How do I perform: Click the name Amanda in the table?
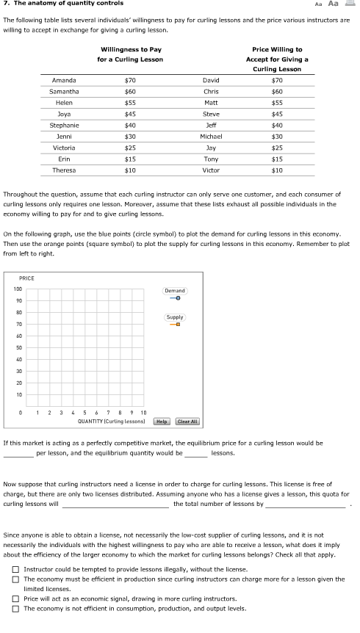tap(64, 79)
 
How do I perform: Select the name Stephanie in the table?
tap(64, 125)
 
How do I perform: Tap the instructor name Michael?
tap(211, 136)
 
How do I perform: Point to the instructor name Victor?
tap(211, 170)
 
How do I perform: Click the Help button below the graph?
tap(162, 422)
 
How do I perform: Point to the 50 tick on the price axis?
tap(18, 347)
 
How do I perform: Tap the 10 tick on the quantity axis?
tap(143, 413)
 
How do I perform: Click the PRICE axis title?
tap(26, 278)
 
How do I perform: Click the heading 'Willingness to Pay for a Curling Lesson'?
tap(130, 54)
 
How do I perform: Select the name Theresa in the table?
tap(64, 170)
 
